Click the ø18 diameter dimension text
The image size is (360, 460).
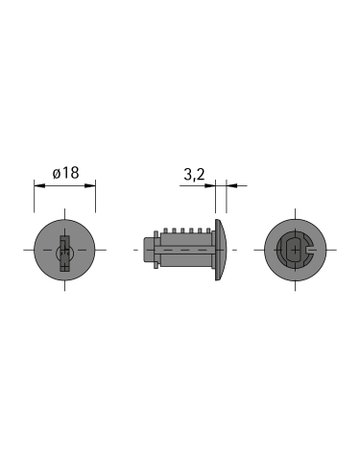pos(65,173)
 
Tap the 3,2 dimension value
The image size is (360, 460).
pos(195,173)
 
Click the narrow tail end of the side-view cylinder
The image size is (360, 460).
pos(149,250)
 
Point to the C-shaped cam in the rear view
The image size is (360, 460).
pos(293,250)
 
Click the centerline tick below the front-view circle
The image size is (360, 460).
pos(64,287)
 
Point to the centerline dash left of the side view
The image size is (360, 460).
pos(136,250)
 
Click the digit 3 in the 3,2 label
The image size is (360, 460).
pos(188,173)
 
